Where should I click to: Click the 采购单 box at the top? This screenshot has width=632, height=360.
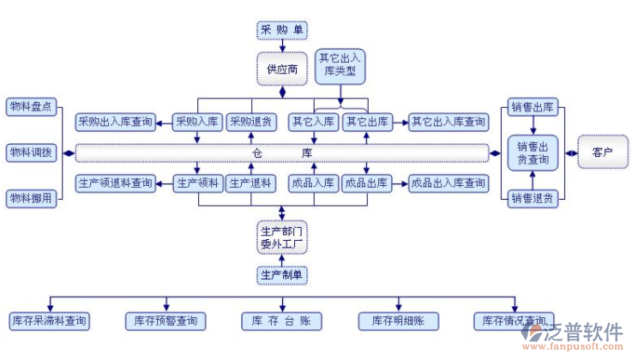[x=281, y=31]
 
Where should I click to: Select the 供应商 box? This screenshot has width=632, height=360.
[x=281, y=69]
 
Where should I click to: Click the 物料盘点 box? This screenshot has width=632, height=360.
[x=31, y=106]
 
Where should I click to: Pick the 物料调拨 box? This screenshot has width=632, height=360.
[x=31, y=153]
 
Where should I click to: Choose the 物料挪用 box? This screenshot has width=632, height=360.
[x=31, y=198]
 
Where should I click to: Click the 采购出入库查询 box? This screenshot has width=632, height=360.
[x=115, y=123]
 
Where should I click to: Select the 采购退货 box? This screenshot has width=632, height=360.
[x=250, y=123]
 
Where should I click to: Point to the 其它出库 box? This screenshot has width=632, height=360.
[x=366, y=123]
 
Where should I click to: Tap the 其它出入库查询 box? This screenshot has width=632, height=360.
[x=448, y=123]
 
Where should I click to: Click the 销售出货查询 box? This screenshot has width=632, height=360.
[x=533, y=152]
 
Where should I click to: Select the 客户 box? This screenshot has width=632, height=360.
[x=602, y=153]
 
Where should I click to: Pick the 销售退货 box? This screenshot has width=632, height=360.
[x=533, y=198]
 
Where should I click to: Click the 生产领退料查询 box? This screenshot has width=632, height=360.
[x=115, y=183]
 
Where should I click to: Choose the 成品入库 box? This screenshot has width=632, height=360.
[x=313, y=183]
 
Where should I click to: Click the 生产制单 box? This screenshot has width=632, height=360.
[x=282, y=274]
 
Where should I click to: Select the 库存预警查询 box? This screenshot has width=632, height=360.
[x=166, y=321]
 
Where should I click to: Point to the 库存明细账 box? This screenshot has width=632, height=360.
[x=398, y=321]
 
